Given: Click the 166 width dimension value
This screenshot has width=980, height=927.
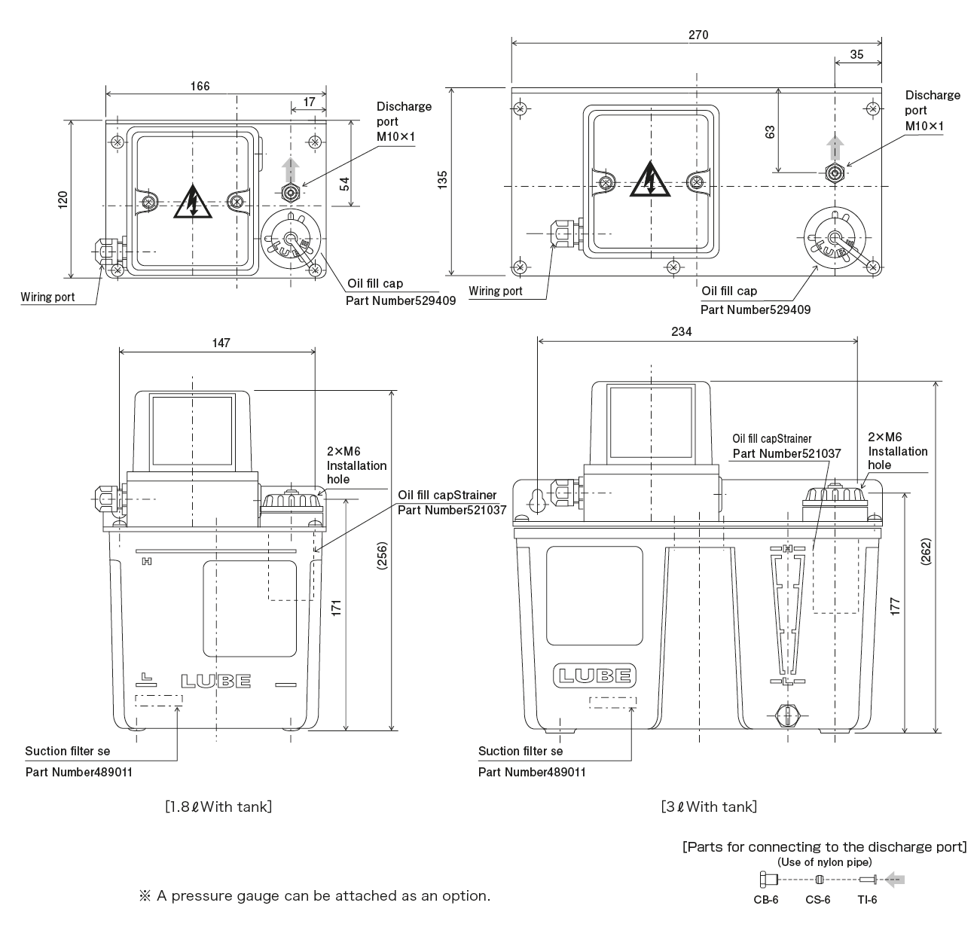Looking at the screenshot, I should tap(200, 86).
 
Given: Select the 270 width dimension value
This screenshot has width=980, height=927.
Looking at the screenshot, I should tap(698, 35).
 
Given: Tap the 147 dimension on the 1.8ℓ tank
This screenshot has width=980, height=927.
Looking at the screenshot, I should tap(220, 343).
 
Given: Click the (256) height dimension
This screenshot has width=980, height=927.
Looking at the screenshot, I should tap(382, 560).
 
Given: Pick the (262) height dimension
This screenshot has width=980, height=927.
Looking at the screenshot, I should tap(925, 555).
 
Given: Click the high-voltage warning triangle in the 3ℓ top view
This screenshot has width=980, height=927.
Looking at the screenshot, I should tap(649, 180).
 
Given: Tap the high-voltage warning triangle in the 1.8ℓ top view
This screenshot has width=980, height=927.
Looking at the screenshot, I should tap(193, 202).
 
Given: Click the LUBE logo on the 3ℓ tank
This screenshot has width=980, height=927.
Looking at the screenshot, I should tap(595, 675).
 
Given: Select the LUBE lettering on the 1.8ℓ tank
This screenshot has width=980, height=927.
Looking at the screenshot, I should tap(215, 682).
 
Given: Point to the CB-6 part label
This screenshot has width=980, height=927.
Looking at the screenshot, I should tap(765, 899).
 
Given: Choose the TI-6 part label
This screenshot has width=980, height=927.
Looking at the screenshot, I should tap(866, 899).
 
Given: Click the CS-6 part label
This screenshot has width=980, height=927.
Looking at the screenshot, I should tap(818, 899).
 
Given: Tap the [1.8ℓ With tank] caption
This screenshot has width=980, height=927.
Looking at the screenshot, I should tap(218, 807).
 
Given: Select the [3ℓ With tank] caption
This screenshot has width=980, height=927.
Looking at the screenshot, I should tap(708, 807).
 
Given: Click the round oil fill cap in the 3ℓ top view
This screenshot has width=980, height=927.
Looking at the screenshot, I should tap(833, 239).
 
